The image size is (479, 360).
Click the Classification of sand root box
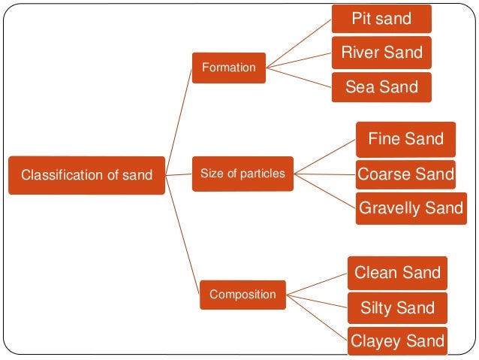(x=86, y=175)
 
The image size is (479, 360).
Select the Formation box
(x=229, y=68)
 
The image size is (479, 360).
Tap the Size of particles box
(x=243, y=174)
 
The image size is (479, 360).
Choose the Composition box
(x=243, y=294)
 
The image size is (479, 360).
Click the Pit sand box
(x=381, y=19)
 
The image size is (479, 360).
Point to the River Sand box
(x=381, y=53)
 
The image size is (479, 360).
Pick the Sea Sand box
(x=381, y=87)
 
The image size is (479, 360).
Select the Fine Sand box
(x=405, y=139)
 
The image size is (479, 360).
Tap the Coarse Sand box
(x=405, y=174)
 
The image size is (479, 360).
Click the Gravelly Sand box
(x=411, y=207)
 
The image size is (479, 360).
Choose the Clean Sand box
(x=397, y=273)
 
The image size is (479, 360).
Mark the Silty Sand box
(x=397, y=307)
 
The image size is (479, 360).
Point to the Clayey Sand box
(x=397, y=342)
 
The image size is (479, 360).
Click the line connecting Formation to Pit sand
(x=300, y=42)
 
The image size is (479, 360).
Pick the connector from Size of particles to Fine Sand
(x=324, y=157)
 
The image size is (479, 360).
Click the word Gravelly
(x=390, y=207)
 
